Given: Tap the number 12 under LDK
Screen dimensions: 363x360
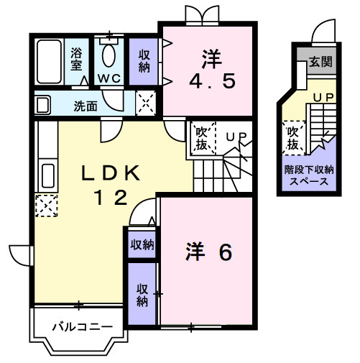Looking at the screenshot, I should [111, 196].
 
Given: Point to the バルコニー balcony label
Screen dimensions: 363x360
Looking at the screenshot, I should [81, 328].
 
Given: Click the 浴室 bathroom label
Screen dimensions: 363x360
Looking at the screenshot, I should [76, 58].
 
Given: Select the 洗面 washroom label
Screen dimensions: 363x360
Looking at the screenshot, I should [86, 106].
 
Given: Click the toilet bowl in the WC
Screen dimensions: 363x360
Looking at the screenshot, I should [109, 54].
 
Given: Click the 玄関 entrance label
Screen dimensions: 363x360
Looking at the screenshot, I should [320, 63].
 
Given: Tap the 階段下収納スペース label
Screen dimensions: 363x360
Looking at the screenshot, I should [309, 175].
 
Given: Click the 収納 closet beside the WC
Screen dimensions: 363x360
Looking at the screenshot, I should [144, 60].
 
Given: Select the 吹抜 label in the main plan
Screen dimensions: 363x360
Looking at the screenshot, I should [202, 138].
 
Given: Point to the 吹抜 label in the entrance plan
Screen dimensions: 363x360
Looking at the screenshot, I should [292, 138].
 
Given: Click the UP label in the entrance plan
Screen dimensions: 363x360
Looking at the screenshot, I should [321, 96].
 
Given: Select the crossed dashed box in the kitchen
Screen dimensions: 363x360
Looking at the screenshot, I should [45, 206].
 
